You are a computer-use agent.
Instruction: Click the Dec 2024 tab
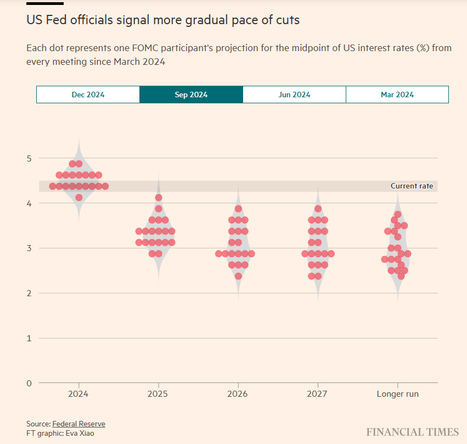click(88, 95)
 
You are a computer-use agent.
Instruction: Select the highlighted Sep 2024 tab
click(191, 95)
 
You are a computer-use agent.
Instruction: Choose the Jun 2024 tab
click(294, 95)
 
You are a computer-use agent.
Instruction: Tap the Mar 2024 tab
click(397, 95)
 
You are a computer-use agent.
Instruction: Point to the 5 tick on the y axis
click(30, 159)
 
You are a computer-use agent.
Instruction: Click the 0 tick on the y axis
click(30, 383)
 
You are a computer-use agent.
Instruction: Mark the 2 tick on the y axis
click(30, 293)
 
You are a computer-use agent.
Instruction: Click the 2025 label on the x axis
click(159, 394)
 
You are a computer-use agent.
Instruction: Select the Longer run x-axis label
click(397, 394)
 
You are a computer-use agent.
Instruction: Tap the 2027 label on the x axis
click(318, 394)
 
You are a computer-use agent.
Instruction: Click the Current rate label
click(412, 186)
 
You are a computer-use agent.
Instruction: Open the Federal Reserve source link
click(78, 424)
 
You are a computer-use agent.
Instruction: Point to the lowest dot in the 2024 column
click(79, 197)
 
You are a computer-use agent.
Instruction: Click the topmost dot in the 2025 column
click(159, 197)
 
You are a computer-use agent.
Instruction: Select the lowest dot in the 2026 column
click(238, 276)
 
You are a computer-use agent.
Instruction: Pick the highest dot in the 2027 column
click(318, 209)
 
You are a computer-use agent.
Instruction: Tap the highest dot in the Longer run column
click(398, 214)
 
